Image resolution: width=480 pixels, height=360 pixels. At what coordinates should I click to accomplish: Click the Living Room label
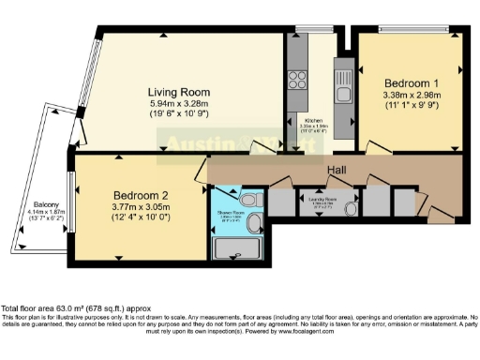coord(177,92)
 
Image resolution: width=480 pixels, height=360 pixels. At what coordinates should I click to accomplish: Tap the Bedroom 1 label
coord(406,82)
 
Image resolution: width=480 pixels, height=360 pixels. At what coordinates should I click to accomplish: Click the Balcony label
coord(49,204)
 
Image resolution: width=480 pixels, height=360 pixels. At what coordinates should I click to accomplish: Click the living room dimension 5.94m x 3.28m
coord(177,105)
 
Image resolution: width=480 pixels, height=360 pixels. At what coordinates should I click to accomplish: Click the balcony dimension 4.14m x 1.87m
coord(49,214)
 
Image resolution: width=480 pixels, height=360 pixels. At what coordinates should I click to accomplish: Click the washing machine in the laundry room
coord(352,209)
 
